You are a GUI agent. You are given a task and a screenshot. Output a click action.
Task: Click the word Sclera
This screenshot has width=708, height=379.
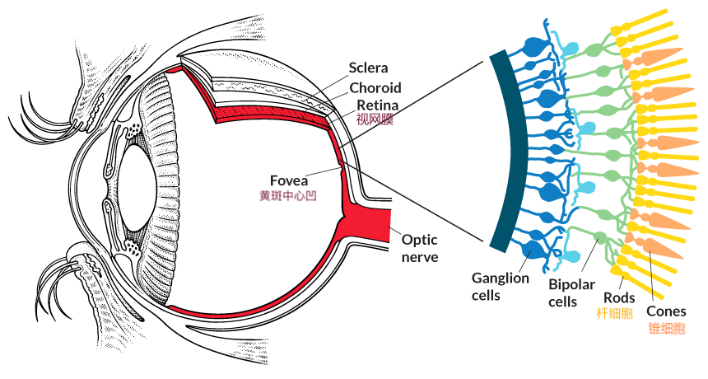[368, 68]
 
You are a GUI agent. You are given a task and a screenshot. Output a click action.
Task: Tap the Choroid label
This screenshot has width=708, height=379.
[375, 87]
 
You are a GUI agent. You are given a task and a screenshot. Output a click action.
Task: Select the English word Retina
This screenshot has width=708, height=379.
[378, 105]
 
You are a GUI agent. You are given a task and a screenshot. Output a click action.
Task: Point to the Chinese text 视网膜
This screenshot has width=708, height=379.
[375, 119]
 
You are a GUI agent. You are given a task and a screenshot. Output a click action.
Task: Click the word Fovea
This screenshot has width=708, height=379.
[289, 180]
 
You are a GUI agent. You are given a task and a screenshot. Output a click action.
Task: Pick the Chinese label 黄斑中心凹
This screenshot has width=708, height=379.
[287, 195]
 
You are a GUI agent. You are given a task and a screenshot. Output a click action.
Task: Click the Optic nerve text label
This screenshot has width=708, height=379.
[420, 248]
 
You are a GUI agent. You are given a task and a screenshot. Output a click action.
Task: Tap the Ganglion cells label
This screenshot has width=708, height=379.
[501, 287]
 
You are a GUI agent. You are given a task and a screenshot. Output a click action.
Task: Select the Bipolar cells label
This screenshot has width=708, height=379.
[571, 292]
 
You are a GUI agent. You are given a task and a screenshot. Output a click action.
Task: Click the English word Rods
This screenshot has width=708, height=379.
[619, 297]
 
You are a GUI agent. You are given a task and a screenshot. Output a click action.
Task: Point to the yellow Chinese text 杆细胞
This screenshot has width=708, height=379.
[614, 312]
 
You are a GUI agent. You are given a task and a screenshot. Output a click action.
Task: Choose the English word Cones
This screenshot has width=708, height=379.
[666, 311]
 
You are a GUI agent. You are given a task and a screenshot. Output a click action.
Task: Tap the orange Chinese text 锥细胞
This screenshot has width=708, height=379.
[667, 327]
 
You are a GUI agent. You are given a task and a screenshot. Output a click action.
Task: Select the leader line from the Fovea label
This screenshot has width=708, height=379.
[323, 172]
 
